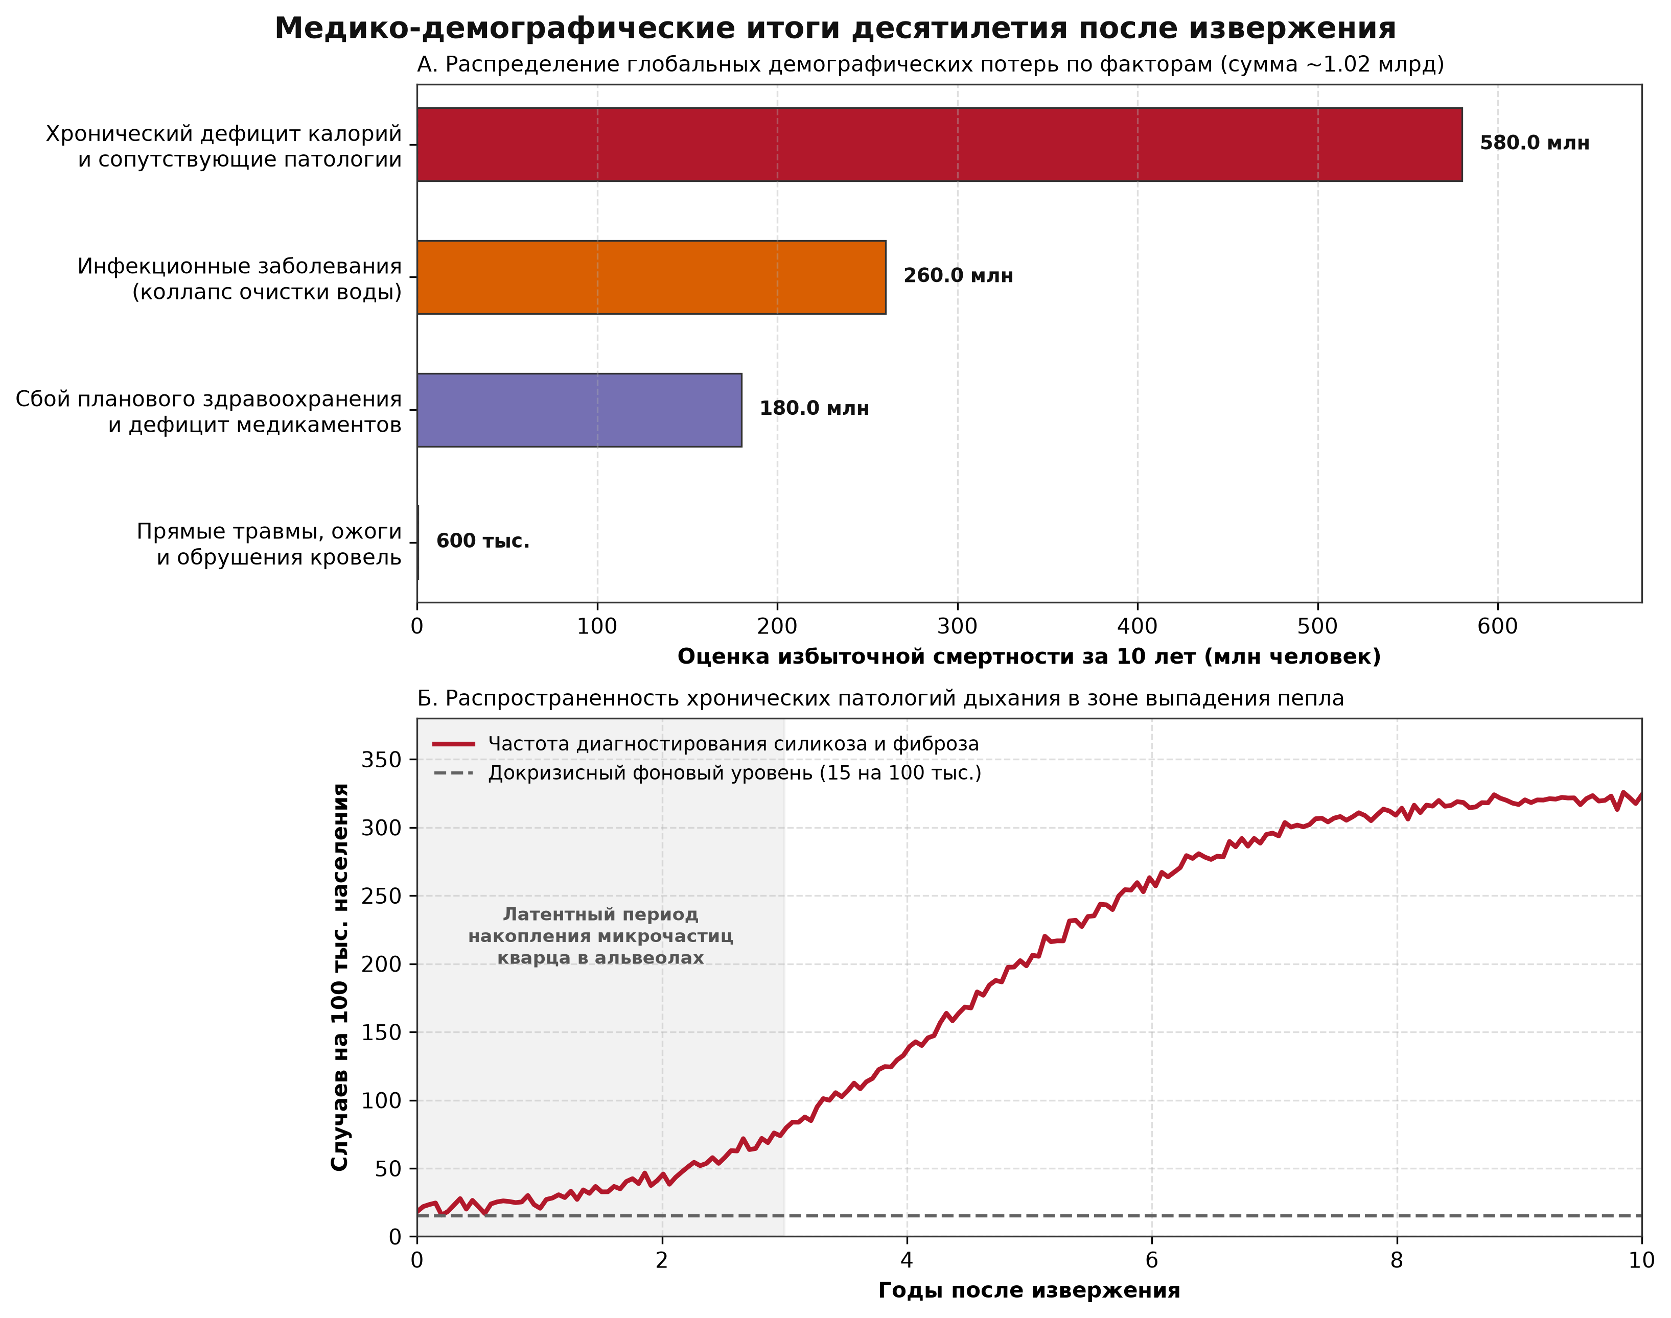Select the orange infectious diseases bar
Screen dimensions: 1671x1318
[652, 277]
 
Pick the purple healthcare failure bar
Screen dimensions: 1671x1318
[579, 410]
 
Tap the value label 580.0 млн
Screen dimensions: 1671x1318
[1535, 144]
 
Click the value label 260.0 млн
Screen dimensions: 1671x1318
[958, 276]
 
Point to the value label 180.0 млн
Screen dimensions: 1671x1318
[814, 409]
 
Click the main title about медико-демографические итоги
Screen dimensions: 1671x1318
[835, 29]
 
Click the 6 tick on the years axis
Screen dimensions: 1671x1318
[1152, 1261]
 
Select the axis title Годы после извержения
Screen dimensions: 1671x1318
[1029, 1291]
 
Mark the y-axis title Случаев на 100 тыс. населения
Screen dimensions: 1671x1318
[340, 977]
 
